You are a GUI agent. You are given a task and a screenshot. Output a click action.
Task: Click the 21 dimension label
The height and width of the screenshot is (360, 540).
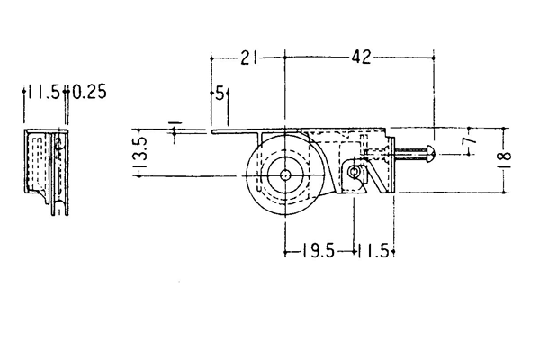249,58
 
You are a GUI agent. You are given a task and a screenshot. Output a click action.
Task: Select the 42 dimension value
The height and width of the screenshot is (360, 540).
361,57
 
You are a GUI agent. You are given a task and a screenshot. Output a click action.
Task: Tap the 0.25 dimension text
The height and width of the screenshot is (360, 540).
89,92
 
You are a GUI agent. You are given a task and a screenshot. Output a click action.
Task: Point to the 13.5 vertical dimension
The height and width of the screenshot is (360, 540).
140,152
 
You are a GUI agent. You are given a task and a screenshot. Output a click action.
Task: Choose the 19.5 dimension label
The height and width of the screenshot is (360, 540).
319,251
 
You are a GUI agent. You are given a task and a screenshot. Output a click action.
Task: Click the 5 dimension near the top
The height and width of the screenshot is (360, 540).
220,93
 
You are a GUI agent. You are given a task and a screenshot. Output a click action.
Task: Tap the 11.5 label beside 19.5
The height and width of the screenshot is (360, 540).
374,251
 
